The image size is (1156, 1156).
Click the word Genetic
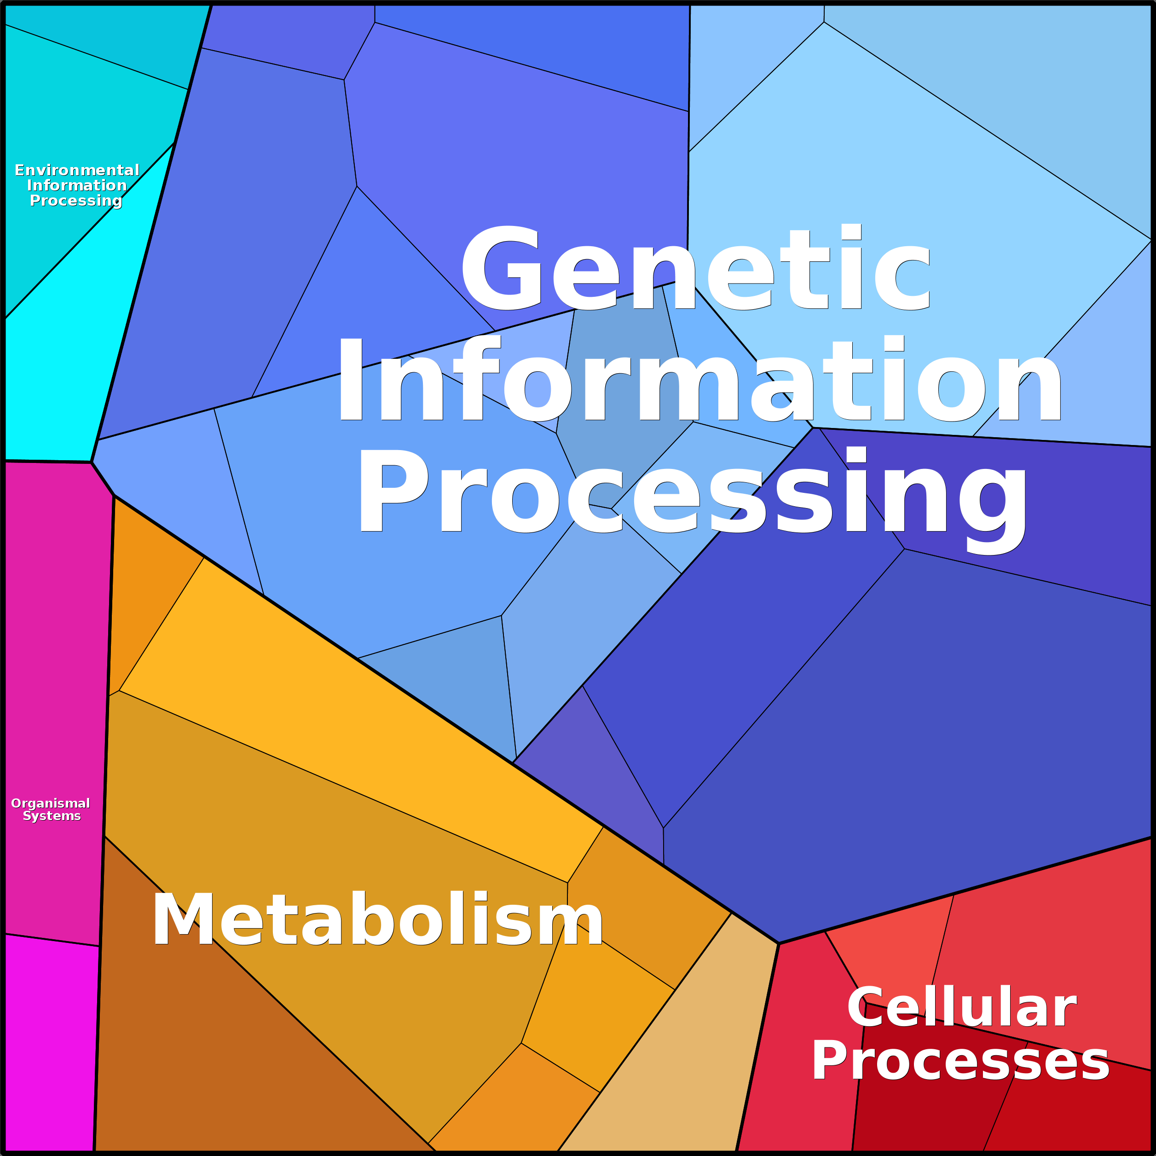(695, 267)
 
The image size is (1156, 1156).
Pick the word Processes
(960, 1061)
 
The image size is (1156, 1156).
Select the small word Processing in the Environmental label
(76, 201)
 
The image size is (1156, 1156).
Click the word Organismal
(51, 803)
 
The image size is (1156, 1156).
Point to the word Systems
(52, 816)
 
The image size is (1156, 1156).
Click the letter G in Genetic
(502, 268)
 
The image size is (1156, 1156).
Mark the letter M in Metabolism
(183, 919)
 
